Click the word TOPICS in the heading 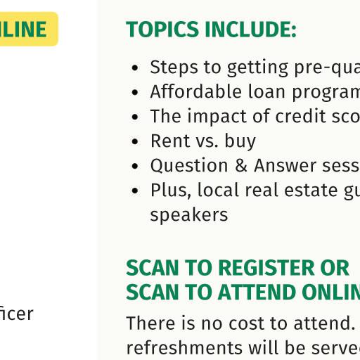coord(162,30)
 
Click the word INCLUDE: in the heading coord(250,30)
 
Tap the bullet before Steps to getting coord(135,68)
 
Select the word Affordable coord(196,91)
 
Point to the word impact coord(217,117)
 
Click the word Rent coord(170,141)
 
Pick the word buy coord(240,141)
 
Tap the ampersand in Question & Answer coord(240,165)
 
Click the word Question coord(189,165)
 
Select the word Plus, coord(171,190)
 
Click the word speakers coord(188,215)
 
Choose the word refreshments coord(184,347)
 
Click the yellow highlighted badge coord(29,29)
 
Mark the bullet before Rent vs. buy coord(135,141)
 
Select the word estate coord(311,190)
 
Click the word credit coord(301,116)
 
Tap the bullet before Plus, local coord(135,191)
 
